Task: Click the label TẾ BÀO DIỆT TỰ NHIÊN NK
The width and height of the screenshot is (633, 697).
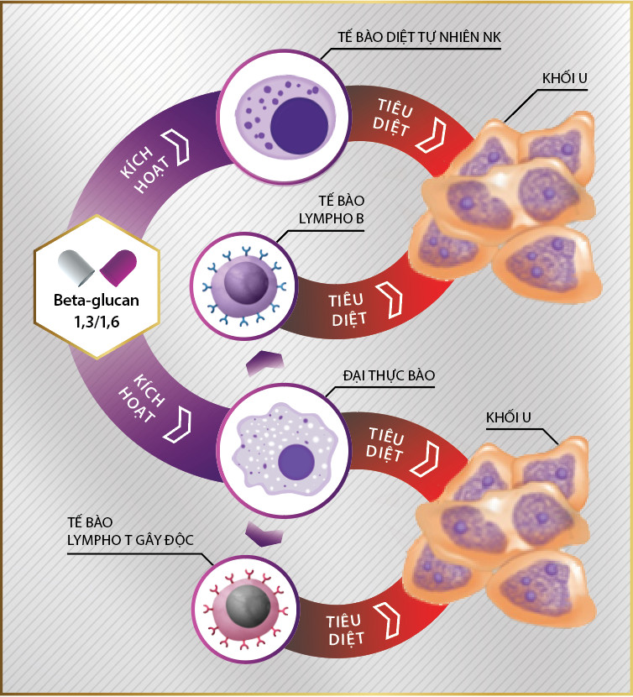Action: coord(417,37)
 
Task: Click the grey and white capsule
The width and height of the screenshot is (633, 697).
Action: coord(76,266)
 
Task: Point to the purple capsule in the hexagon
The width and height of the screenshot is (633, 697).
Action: coord(118,266)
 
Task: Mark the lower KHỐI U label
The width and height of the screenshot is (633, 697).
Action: coord(508,417)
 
